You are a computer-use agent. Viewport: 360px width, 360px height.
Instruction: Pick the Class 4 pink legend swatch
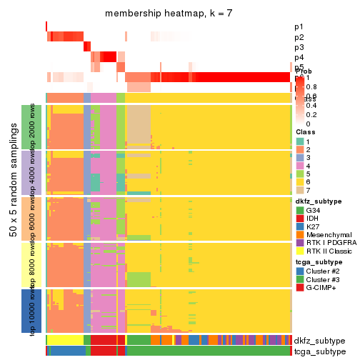click(x=299, y=169)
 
